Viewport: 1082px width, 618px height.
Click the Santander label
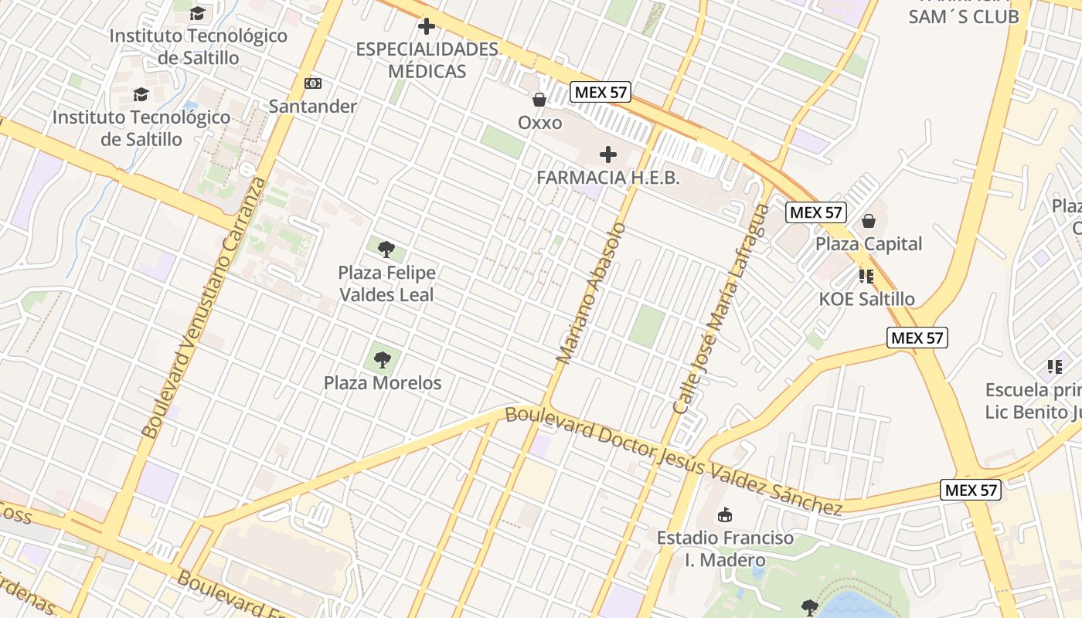pos(313,107)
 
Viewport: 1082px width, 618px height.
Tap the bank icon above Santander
pos(313,83)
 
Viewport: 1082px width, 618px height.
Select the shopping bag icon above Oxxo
pos(539,99)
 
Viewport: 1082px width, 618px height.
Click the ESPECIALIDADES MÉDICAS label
pos(427,60)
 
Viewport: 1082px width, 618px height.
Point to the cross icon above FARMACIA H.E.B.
pos(608,154)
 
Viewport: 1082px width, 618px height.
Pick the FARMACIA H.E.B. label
pos(608,178)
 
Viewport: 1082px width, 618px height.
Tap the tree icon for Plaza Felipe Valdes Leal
pos(386,250)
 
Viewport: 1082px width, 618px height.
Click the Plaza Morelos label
pos(383,382)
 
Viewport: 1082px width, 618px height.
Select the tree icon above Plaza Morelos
pos(382,359)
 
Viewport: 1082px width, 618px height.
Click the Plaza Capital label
pos(869,244)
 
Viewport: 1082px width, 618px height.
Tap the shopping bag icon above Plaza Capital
pos(869,221)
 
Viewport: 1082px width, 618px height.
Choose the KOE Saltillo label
pos(866,299)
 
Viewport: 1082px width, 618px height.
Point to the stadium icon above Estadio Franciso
pos(724,514)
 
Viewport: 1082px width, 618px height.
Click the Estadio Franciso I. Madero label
pos(725,548)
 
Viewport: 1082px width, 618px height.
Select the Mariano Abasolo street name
pos(591,294)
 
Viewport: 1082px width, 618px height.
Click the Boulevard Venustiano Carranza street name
pos(204,309)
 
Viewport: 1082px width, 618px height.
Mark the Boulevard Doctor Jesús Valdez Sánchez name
pos(672,460)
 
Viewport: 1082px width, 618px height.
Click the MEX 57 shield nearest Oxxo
pos(601,93)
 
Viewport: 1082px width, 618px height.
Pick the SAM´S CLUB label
pos(963,16)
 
